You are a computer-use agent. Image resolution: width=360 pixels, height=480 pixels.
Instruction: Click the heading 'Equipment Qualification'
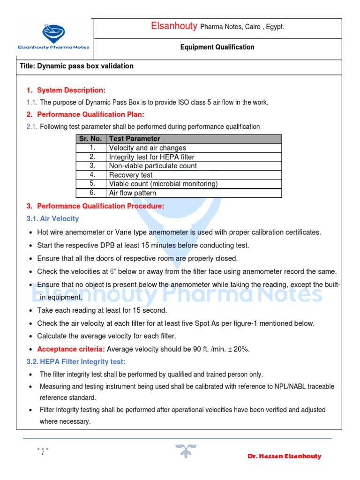tap(217, 47)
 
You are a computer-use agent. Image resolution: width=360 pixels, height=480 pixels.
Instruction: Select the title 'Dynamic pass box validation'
tap(76, 66)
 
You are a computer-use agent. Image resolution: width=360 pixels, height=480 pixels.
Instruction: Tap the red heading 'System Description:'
tap(71, 90)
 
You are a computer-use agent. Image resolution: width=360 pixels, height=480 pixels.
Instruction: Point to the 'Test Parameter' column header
tap(135, 139)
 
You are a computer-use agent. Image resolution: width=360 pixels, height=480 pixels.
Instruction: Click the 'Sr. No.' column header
tap(90, 139)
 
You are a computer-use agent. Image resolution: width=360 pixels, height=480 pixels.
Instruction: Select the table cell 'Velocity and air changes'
tap(148, 148)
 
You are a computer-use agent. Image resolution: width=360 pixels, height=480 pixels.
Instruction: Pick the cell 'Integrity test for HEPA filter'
tap(151, 157)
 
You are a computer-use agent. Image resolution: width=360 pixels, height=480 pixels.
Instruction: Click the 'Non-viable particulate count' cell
tap(153, 166)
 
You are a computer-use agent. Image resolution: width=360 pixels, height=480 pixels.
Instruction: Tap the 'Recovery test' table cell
tap(131, 175)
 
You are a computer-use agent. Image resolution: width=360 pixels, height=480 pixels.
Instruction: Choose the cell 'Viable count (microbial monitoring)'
tap(163, 184)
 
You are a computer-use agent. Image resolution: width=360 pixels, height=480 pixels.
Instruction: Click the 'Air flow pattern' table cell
tap(133, 193)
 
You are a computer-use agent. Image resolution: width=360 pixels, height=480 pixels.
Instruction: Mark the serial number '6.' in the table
tap(92, 193)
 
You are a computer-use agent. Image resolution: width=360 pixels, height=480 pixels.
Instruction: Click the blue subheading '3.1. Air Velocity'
tap(52, 218)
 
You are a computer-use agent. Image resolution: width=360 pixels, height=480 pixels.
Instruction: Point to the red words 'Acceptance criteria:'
tap(71, 349)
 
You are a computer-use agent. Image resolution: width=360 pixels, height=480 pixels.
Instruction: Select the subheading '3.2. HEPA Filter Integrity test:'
tap(76, 361)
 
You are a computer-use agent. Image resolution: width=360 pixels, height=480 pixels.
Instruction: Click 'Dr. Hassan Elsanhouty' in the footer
tap(284, 456)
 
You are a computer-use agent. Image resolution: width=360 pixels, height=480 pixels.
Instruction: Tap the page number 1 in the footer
tap(42, 453)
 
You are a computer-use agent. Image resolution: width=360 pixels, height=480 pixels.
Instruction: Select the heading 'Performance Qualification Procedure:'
tap(100, 206)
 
